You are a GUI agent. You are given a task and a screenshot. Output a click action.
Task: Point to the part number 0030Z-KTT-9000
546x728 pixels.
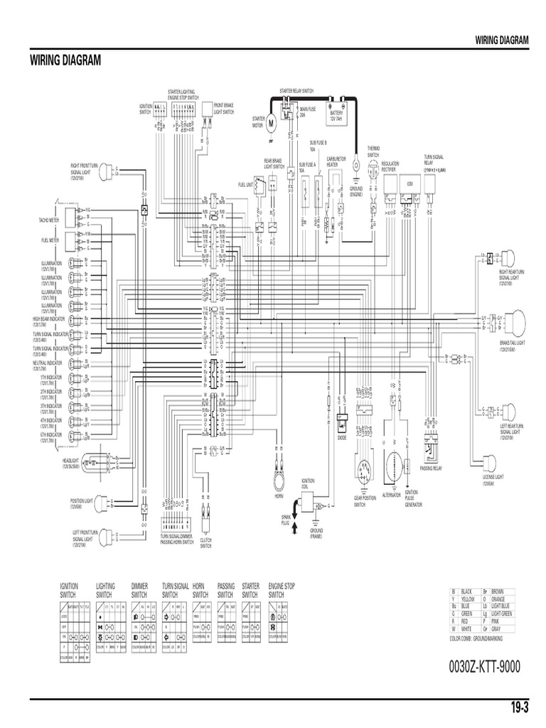485,667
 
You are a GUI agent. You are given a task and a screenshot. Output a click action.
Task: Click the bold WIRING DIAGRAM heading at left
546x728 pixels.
65,60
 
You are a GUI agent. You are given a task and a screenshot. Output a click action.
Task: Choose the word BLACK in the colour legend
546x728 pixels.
467,591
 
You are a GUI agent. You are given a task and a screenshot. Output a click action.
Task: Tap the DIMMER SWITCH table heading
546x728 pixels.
140,590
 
